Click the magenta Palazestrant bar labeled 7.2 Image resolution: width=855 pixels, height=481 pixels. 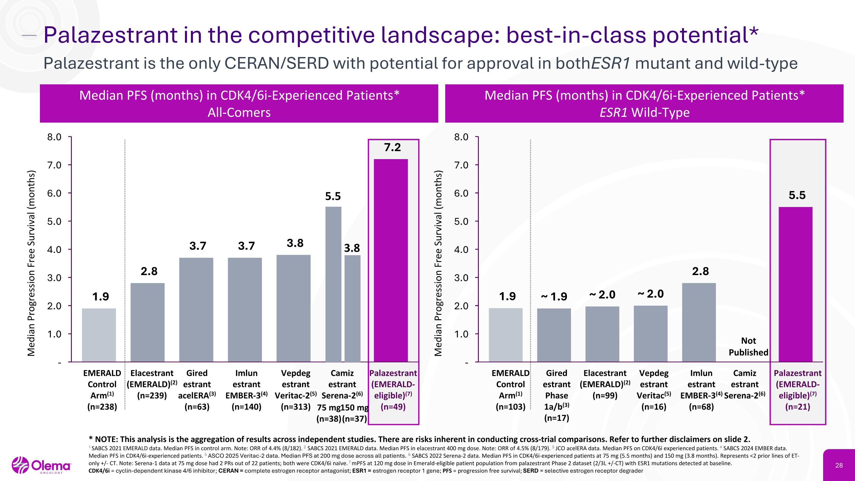click(391, 260)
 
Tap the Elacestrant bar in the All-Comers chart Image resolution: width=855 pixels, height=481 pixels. click(147, 322)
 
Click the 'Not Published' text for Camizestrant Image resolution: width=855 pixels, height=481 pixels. click(748, 346)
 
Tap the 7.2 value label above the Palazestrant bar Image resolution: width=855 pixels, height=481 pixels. click(392, 147)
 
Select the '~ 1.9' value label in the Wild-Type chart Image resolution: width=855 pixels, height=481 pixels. click(554, 296)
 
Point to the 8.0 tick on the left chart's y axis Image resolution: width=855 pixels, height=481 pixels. click(54, 137)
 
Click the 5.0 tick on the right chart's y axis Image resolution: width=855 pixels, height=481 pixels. click(461, 221)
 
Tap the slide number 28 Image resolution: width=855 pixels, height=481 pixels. click(839, 465)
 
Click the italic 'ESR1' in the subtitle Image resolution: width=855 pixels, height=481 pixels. click(611, 63)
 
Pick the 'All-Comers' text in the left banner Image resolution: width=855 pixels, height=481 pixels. click(239, 113)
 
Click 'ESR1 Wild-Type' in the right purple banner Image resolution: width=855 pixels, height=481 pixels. click(645, 113)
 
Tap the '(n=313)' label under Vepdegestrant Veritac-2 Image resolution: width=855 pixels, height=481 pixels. click(295, 407)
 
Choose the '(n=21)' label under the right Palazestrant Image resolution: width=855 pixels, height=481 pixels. click(797, 407)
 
